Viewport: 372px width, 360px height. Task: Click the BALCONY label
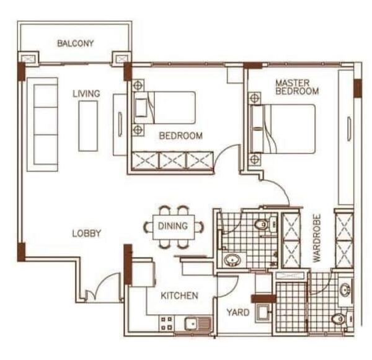coord(76,43)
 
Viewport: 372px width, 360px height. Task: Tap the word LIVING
coord(86,94)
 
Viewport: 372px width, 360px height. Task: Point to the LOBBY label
coord(87,234)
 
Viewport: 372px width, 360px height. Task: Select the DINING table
coord(174,227)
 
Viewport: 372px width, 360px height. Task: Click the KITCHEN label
coord(179,296)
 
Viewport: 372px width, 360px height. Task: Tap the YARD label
coord(238,312)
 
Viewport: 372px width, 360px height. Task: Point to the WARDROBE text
coord(317,238)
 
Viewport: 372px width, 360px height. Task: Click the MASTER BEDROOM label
coord(297,87)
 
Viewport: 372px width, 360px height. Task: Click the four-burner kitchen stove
coord(167,323)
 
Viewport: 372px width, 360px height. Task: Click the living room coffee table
coord(88,126)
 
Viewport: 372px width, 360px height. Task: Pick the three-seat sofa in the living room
coord(43,125)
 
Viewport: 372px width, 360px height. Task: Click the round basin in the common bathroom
coord(232,260)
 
